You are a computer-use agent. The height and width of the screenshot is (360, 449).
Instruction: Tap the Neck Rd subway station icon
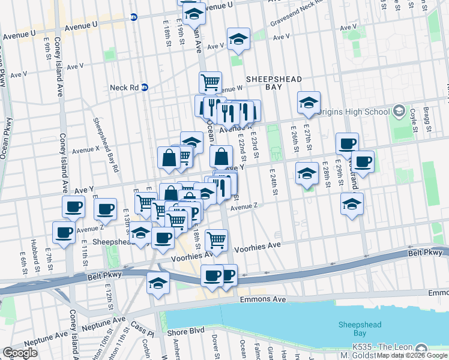click(x=145, y=87)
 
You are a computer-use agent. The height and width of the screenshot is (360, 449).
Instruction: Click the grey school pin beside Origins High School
click(x=399, y=111)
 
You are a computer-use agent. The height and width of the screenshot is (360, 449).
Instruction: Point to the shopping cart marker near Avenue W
click(x=210, y=82)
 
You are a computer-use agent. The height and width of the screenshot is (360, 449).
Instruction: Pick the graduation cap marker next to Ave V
click(x=238, y=40)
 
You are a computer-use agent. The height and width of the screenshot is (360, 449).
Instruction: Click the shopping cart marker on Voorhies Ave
click(x=216, y=240)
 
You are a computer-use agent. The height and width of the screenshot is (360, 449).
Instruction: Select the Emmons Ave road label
click(x=256, y=299)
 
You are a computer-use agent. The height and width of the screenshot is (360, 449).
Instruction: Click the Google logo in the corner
click(x=20, y=352)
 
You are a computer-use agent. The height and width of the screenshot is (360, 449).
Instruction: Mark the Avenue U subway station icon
click(x=134, y=18)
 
